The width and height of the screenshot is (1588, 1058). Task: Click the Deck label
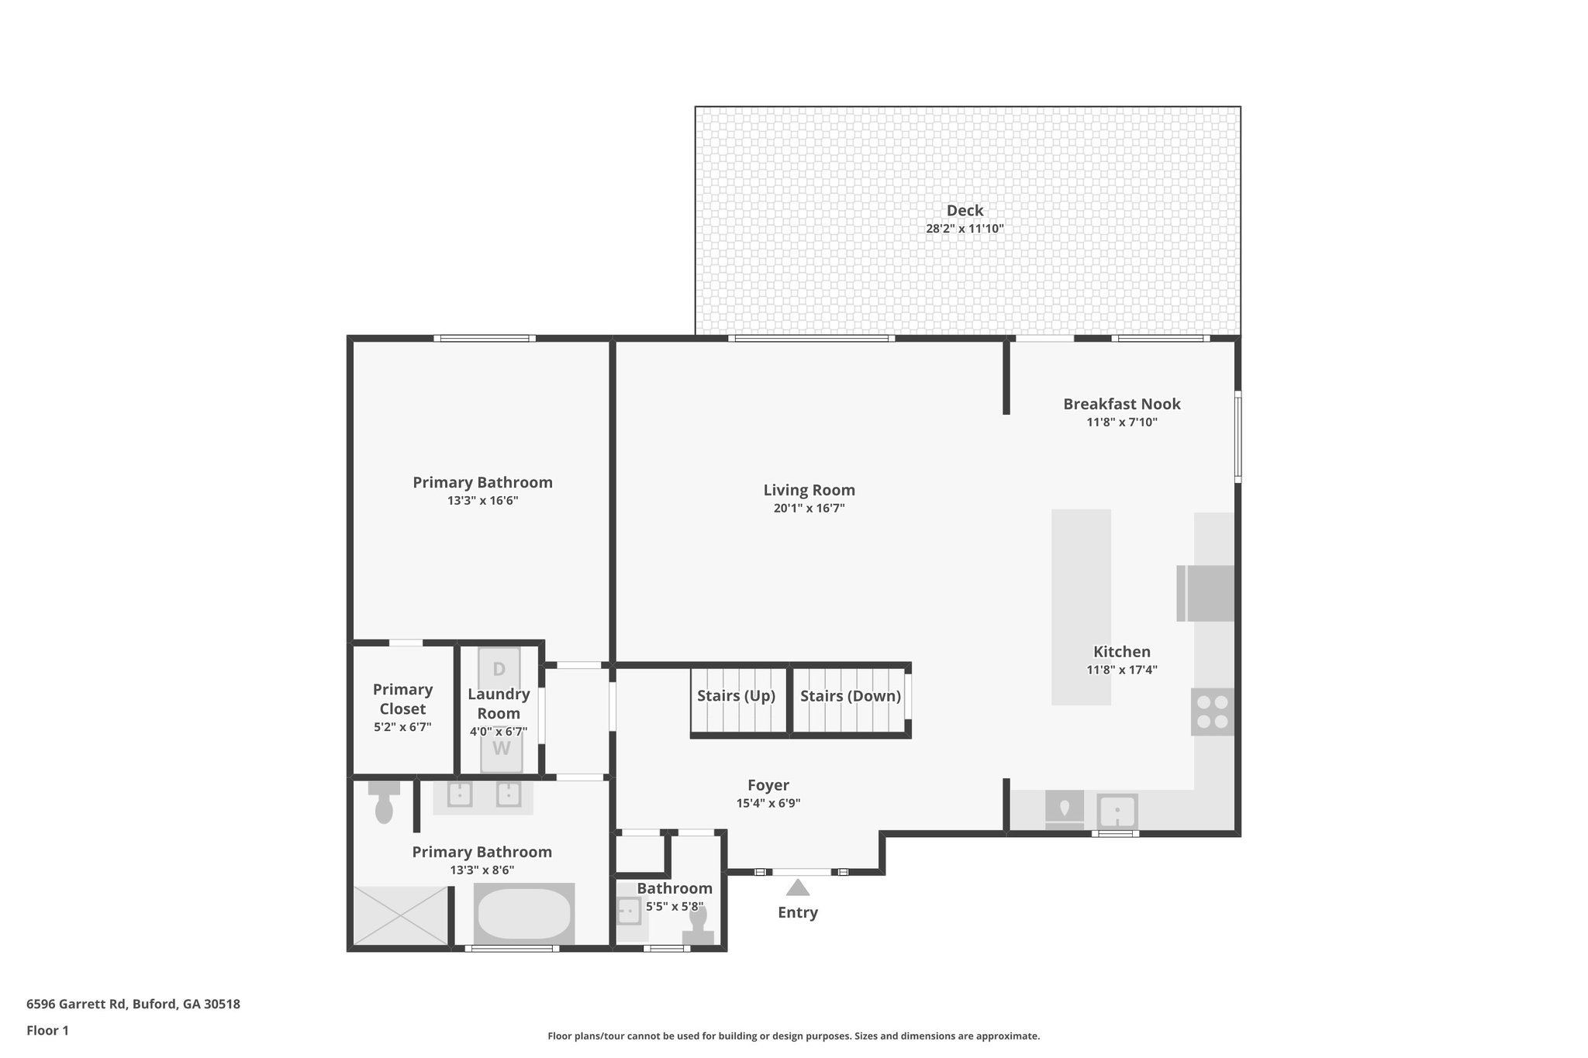[x=965, y=210]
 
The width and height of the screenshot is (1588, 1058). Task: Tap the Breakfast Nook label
[x=1121, y=404]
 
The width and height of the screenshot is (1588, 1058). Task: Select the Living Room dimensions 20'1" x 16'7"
[x=809, y=508]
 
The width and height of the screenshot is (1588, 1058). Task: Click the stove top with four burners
[x=1213, y=712]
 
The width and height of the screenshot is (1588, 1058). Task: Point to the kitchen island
[x=1081, y=606]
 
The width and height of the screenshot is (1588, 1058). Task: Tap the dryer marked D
[x=499, y=668]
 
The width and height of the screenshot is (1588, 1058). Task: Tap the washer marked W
[x=502, y=750]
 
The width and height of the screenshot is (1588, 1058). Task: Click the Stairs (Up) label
[x=736, y=695]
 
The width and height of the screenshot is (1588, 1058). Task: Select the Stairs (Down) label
[x=851, y=695]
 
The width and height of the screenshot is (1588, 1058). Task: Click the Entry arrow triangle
[x=798, y=887]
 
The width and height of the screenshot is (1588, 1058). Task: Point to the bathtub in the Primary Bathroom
[x=524, y=914]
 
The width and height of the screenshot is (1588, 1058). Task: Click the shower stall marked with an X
[x=401, y=915]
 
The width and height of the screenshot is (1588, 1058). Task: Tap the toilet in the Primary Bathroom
[x=384, y=803]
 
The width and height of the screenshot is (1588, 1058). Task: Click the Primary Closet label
[x=402, y=699]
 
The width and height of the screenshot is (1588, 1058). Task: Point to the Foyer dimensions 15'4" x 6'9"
[x=768, y=804]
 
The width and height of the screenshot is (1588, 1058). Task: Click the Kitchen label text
[x=1121, y=652]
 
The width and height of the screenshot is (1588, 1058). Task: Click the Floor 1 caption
[x=48, y=1030]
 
